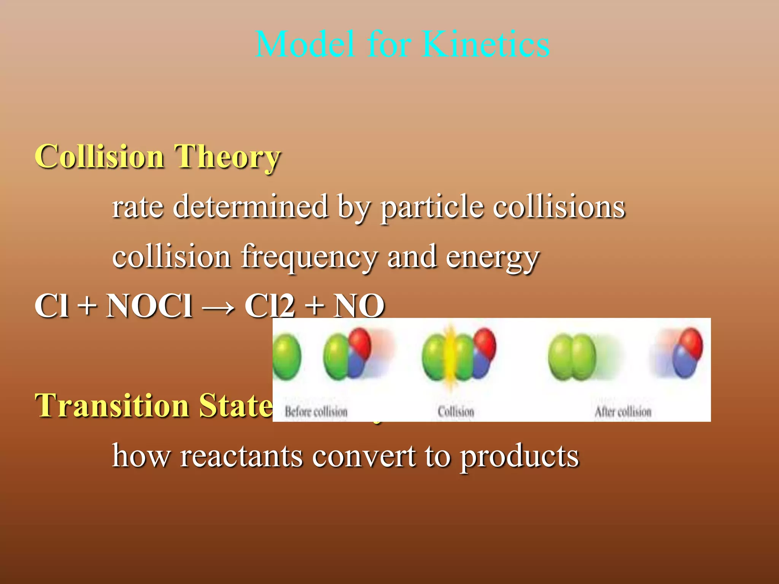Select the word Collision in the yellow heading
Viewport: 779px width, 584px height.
pyautogui.click(x=100, y=157)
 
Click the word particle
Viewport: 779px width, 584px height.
pyautogui.click(x=432, y=208)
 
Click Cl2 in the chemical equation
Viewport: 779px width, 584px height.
pyautogui.click(x=269, y=306)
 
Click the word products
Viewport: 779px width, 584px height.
pyautogui.click(x=520, y=456)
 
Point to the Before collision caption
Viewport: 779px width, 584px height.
pyautogui.click(x=316, y=411)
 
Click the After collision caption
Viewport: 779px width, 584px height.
pyautogui.click(x=623, y=411)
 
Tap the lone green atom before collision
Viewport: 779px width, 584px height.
pyautogui.click(x=287, y=357)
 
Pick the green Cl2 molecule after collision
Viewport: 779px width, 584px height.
pyautogui.click(x=572, y=357)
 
